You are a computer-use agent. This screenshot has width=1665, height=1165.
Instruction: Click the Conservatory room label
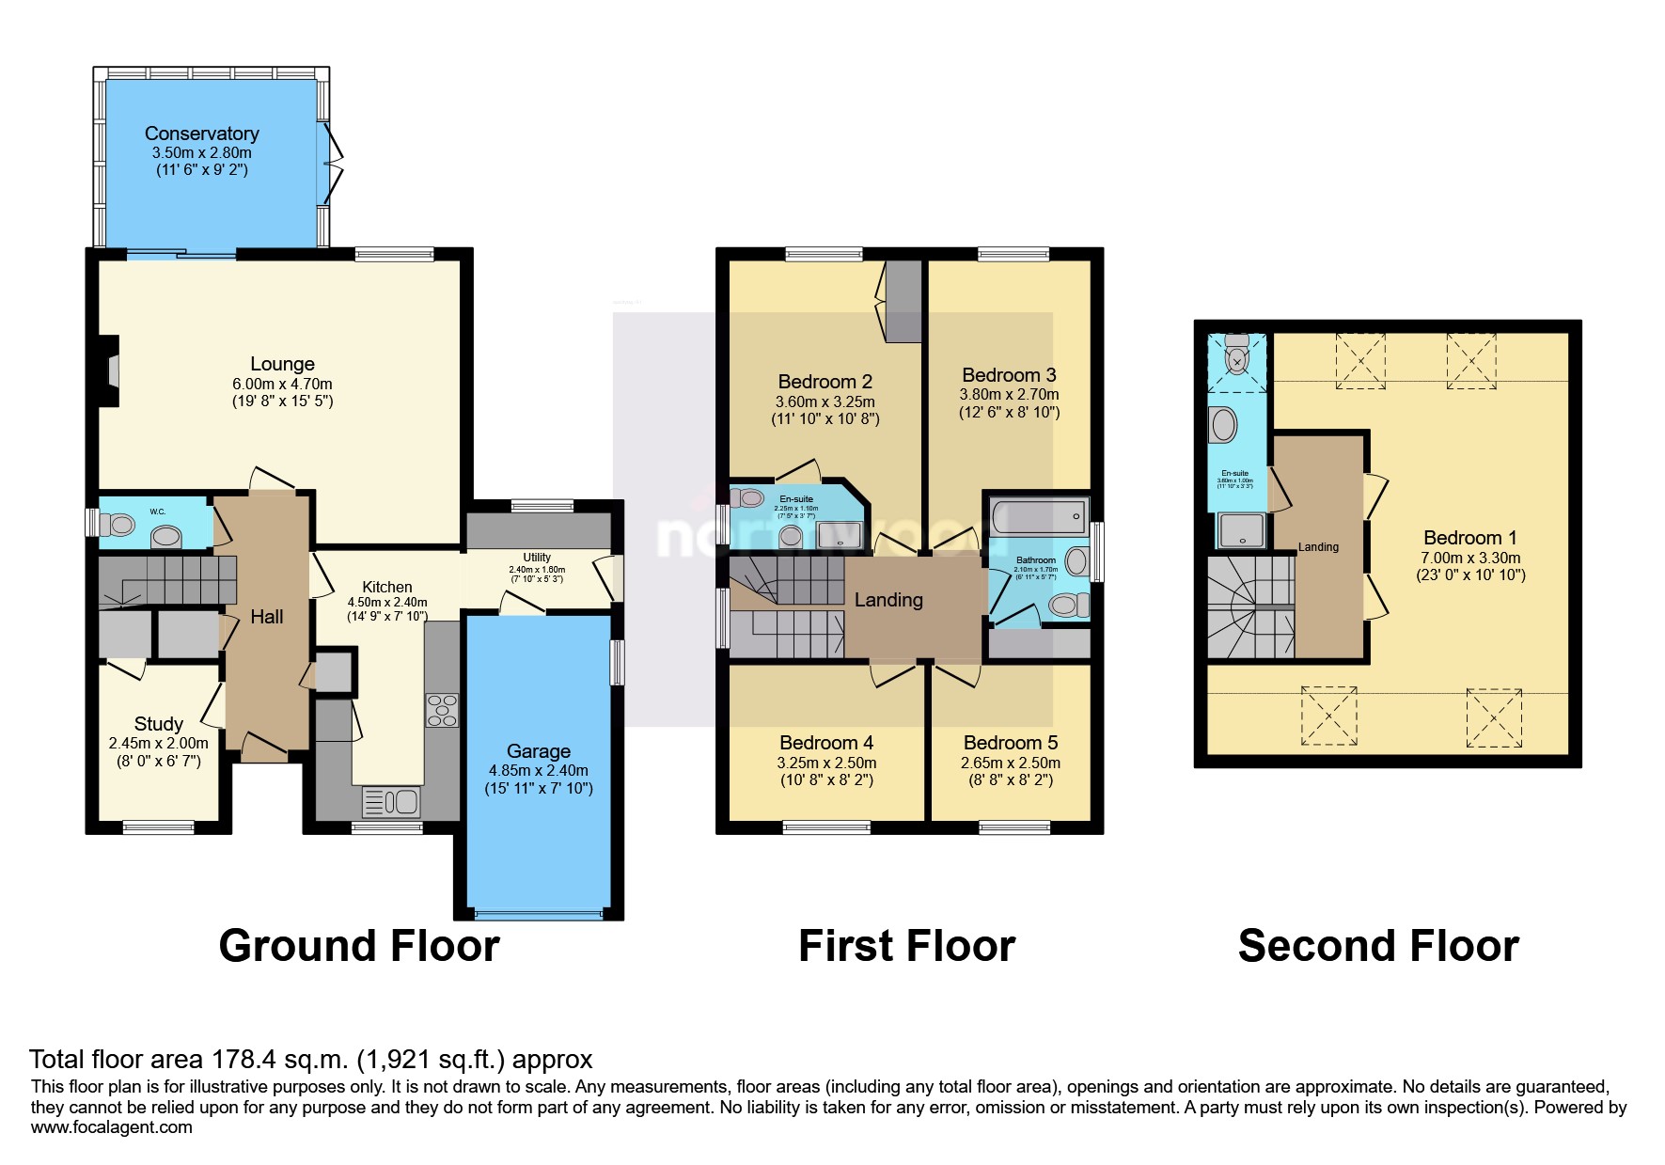coord(201,134)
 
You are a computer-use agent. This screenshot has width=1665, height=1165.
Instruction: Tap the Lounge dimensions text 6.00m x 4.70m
coord(282,384)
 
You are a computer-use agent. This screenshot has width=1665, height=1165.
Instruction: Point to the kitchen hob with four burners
coord(442,710)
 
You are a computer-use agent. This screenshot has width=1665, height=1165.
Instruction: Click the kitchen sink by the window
coord(391,801)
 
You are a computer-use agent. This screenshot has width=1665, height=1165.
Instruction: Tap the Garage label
coord(538,750)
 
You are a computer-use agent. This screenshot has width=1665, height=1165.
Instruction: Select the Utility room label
coord(537,558)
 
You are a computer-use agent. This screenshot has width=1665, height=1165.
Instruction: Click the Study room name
coord(158,723)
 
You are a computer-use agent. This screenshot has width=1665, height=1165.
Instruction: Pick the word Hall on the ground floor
coord(266,617)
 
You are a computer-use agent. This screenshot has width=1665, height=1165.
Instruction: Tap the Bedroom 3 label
coord(1009,374)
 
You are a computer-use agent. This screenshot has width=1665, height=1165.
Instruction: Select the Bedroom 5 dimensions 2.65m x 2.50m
coord(1010,763)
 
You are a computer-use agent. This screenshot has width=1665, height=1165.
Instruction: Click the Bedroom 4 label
coord(826,743)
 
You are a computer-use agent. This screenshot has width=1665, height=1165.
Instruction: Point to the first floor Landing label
coord(888,600)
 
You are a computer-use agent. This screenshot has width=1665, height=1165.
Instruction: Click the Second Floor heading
coord(1377,945)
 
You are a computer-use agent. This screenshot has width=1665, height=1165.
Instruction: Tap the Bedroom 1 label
coord(1469,538)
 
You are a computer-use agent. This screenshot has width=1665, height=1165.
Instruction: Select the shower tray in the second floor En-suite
coord(1240,529)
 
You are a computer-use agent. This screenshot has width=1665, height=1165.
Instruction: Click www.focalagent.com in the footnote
coord(111,1127)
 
